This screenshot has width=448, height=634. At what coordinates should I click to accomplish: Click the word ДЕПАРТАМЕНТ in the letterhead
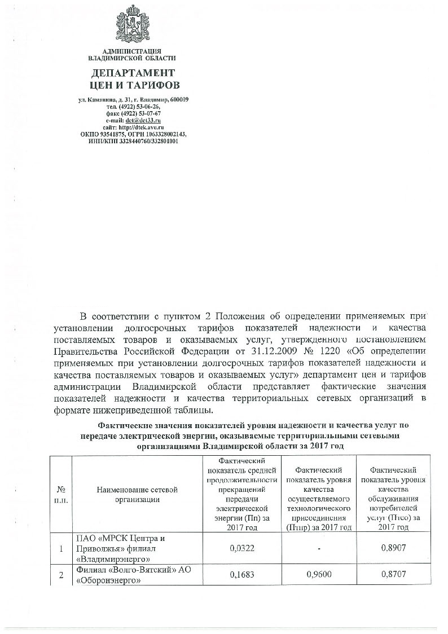coord(133,73)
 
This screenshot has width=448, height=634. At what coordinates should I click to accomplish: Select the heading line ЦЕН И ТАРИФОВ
coord(133,86)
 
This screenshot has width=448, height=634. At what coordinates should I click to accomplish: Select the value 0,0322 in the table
coord(243,548)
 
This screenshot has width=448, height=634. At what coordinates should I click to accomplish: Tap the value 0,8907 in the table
coord(391,548)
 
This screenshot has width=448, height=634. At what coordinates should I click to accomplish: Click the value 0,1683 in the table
coord(243,575)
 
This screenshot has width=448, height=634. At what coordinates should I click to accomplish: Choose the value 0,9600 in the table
coord(318,575)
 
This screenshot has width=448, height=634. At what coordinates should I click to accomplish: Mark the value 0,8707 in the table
coord(391,575)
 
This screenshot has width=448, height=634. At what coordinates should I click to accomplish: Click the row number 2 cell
coord(61,575)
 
